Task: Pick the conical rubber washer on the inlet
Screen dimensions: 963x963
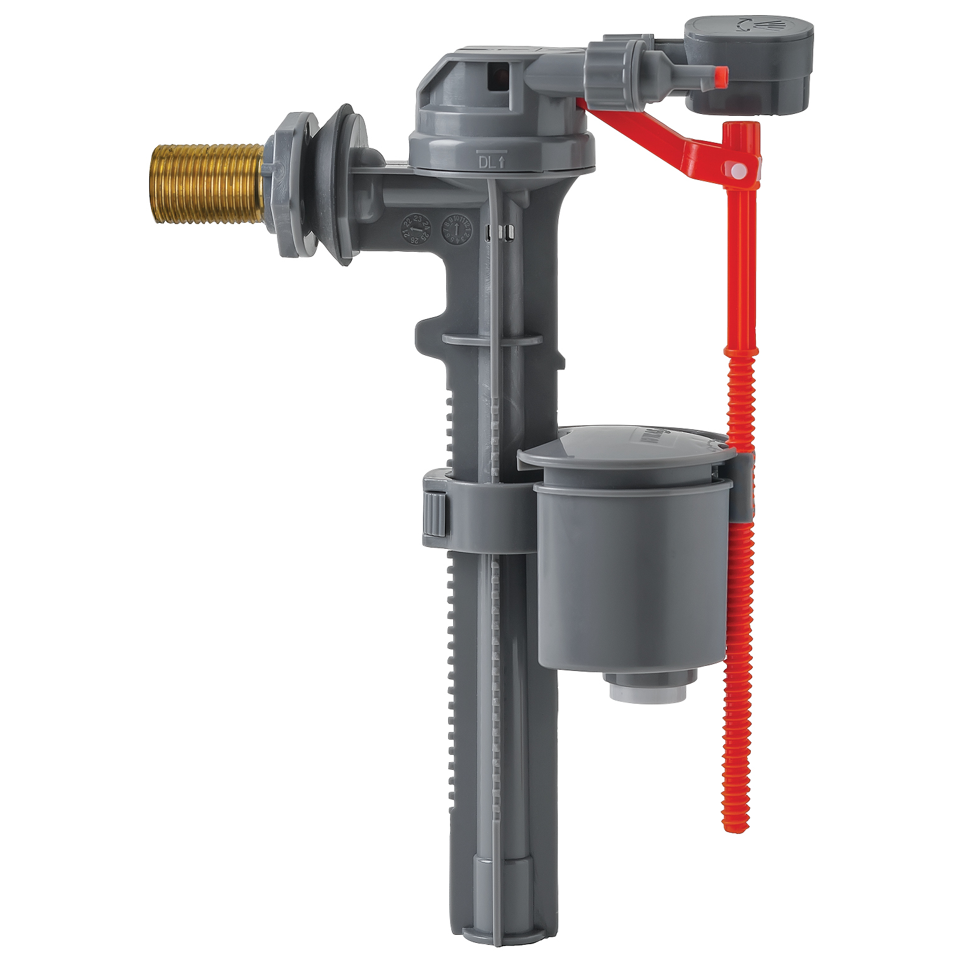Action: point(332,183)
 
